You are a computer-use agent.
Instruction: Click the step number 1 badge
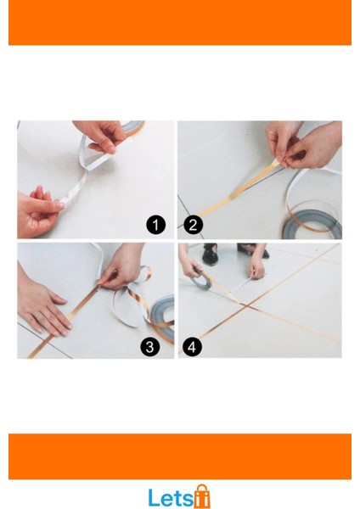pyautogui.click(x=156, y=225)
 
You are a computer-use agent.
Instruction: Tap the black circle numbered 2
pyautogui.click(x=193, y=225)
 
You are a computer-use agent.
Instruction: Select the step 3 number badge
pyautogui.click(x=149, y=346)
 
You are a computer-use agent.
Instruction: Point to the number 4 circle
pyautogui.click(x=192, y=346)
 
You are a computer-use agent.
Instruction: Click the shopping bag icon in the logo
pyautogui.click(x=202, y=496)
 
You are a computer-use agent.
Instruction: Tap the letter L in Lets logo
pyautogui.click(x=154, y=497)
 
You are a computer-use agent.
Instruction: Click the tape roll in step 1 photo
pyautogui.click(x=132, y=126)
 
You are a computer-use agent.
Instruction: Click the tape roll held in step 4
pyautogui.click(x=201, y=280)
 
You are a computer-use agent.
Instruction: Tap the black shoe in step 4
pyautogui.click(x=210, y=255)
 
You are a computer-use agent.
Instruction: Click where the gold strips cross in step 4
pyautogui.click(x=246, y=305)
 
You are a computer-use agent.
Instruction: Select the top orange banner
pyautogui.click(x=180, y=22)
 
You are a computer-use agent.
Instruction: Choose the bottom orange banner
pyautogui.click(x=180, y=456)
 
